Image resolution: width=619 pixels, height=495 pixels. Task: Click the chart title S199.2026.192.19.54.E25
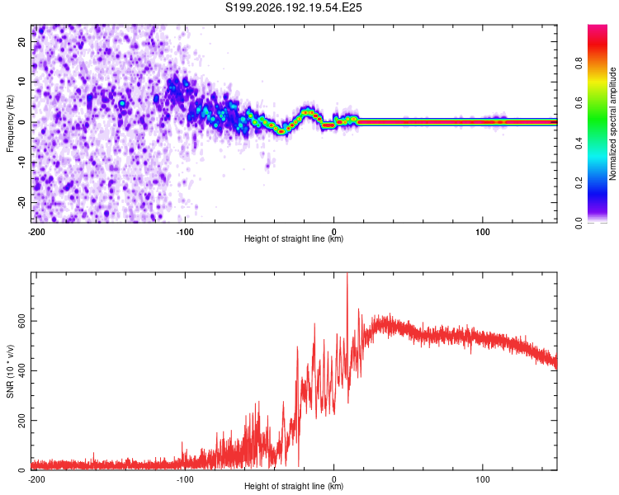[x=293, y=7]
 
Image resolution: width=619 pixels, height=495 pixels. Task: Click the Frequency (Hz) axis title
[x=10, y=124]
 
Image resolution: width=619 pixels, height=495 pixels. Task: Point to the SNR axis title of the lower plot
[x=10, y=371]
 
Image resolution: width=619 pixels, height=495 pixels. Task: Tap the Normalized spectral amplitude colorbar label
[x=612, y=124]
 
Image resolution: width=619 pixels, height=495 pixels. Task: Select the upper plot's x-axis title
[x=294, y=238]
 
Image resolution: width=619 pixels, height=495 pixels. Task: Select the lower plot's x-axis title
[x=294, y=486]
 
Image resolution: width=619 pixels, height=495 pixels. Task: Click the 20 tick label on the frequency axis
[x=21, y=41]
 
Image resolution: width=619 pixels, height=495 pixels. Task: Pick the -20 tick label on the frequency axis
[x=21, y=202]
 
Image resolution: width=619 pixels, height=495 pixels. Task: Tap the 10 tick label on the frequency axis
[x=21, y=82]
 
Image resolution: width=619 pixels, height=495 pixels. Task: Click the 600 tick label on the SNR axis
[x=21, y=321]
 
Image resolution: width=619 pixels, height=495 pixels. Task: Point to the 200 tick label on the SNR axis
[x=21, y=421]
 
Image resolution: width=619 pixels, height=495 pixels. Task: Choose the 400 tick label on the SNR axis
[x=21, y=371]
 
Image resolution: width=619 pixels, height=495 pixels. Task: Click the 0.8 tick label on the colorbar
[x=579, y=64]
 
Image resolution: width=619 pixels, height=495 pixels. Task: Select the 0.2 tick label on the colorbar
[x=579, y=183]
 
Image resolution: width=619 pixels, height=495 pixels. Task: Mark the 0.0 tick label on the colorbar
[x=579, y=223]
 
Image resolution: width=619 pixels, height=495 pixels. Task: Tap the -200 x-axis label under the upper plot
[x=36, y=232]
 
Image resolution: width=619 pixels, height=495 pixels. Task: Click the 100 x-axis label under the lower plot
[x=483, y=479]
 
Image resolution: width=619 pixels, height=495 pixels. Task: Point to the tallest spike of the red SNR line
[x=347, y=274]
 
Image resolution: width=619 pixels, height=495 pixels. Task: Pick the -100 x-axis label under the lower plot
[x=185, y=479]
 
